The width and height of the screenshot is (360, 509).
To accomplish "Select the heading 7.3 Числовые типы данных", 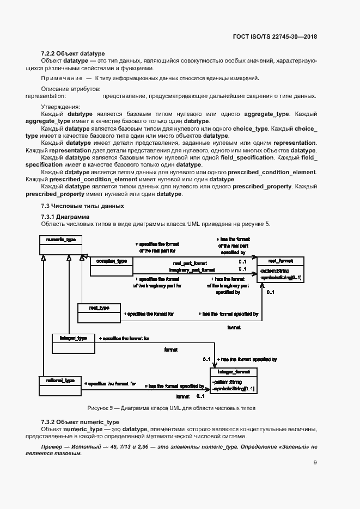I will click(x=83, y=206).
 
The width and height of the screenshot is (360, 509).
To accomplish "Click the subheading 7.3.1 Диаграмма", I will click(x=65, y=217).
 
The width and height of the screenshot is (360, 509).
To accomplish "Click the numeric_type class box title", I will click(x=60, y=240).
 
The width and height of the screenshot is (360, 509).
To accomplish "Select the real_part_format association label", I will click(x=190, y=262).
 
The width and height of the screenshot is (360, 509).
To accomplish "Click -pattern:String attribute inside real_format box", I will click(x=275, y=270).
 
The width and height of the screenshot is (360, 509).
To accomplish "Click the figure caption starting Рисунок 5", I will click(x=172, y=408).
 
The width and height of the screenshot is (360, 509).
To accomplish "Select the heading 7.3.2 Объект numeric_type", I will click(x=80, y=422).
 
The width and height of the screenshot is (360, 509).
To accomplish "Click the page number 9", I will click(x=315, y=463).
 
